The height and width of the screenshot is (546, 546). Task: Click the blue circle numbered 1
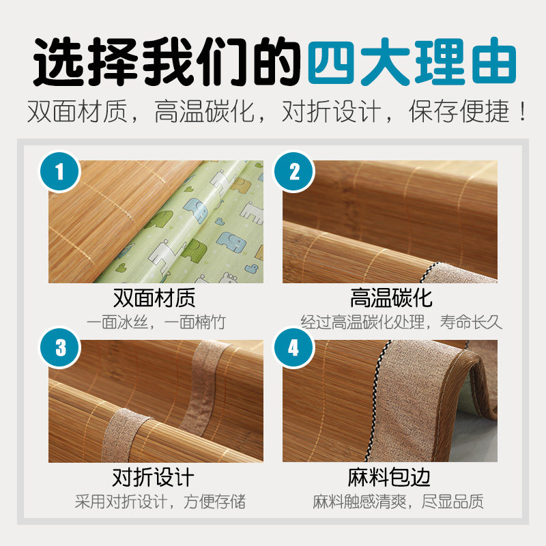(x=59, y=171)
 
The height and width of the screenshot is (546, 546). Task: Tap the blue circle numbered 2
(x=294, y=171)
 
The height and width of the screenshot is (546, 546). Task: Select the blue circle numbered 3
(x=60, y=347)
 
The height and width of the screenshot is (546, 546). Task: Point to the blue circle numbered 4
(x=294, y=347)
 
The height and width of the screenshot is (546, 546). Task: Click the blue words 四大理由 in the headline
(x=411, y=63)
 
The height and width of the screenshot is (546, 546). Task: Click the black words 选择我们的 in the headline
(x=167, y=63)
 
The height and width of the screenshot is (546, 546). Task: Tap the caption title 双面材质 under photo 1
(x=154, y=298)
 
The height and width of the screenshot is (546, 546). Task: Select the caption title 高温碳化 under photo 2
(x=390, y=298)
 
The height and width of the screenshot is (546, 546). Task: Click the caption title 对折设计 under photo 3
(x=154, y=476)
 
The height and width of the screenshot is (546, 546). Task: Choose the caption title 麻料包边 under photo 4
(x=390, y=476)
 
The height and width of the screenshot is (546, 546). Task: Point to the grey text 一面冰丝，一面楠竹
(x=156, y=321)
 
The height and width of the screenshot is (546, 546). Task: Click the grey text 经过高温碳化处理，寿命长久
(x=401, y=321)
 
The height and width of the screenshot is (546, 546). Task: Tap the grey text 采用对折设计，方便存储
(x=160, y=502)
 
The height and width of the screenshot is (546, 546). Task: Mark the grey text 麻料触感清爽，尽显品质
(x=399, y=502)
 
